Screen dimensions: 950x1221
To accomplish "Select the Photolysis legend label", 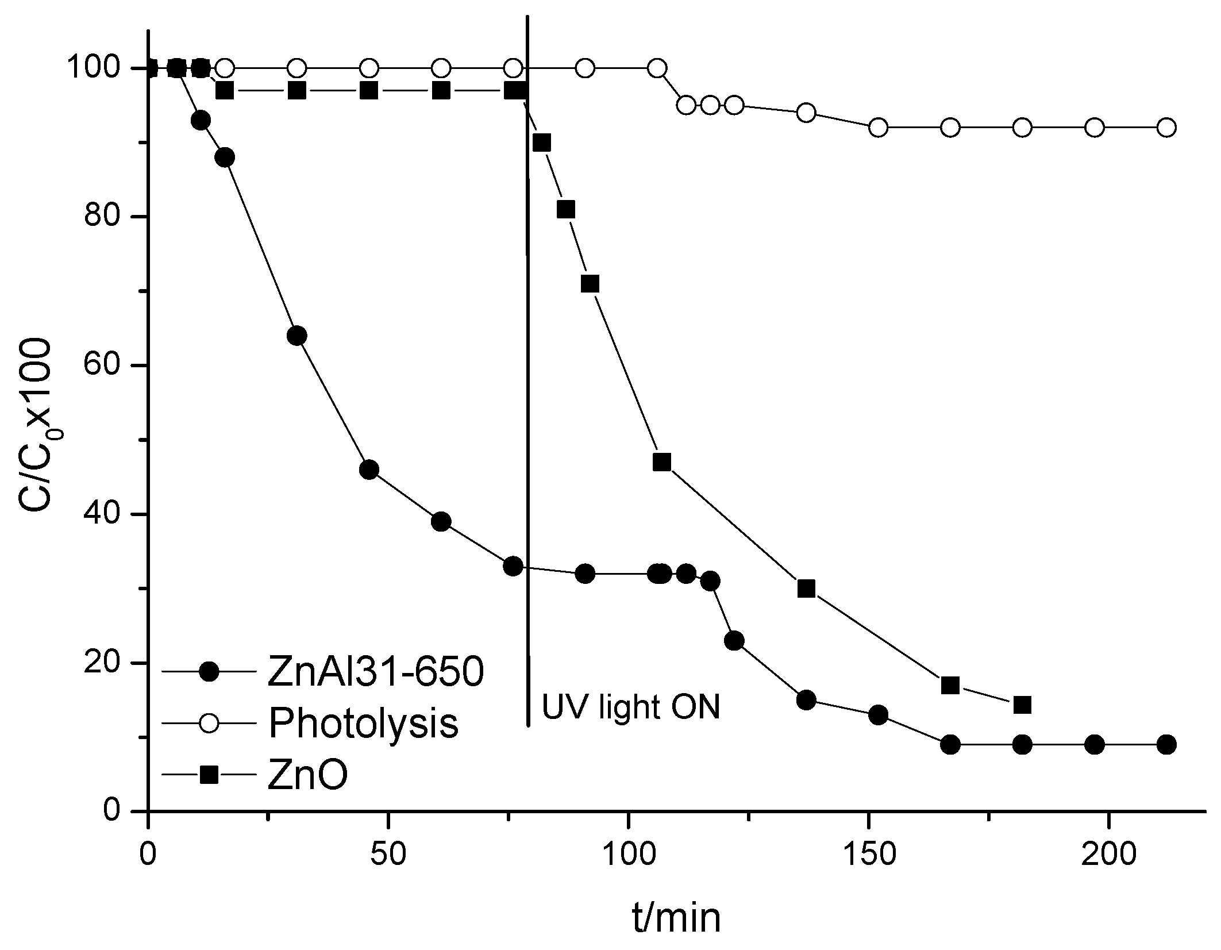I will (363, 722).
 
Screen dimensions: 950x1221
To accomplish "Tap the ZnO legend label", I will (307, 776).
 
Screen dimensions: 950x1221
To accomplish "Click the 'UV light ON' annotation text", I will (631, 707).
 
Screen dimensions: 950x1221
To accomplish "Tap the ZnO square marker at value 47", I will (662, 462).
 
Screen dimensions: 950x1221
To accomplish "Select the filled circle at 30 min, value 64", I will (296, 336).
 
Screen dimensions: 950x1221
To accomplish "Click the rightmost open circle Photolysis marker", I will (1166, 128).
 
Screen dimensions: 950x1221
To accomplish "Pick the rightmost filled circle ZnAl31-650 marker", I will (1166, 745).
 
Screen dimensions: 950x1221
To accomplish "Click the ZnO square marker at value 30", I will (806, 589).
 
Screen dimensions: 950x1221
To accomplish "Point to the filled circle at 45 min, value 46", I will (369, 470).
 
